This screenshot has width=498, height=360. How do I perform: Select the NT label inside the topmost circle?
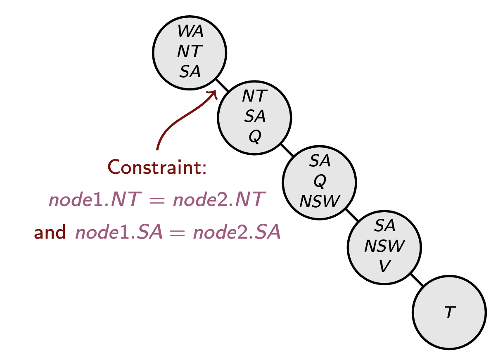pyautogui.click(x=190, y=52)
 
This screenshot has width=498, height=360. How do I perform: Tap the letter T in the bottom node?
pyautogui.click(x=449, y=313)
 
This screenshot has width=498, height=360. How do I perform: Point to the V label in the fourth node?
pyautogui.click(x=384, y=266)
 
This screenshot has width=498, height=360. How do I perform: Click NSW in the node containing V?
pyautogui.click(x=384, y=246)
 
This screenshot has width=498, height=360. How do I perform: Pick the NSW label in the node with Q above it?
pyautogui.click(x=319, y=201)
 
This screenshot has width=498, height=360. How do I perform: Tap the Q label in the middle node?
pyautogui.click(x=319, y=180)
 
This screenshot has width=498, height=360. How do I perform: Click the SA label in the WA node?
pyautogui.click(x=190, y=72)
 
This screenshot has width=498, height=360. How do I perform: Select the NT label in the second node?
pyautogui.click(x=255, y=96)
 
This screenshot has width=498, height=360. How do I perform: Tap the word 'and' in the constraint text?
pyautogui.click(x=50, y=233)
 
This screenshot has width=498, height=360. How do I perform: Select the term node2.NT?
pyautogui.click(x=217, y=200)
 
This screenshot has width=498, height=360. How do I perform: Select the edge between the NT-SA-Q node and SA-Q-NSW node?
pyautogui.click(x=287, y=150)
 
